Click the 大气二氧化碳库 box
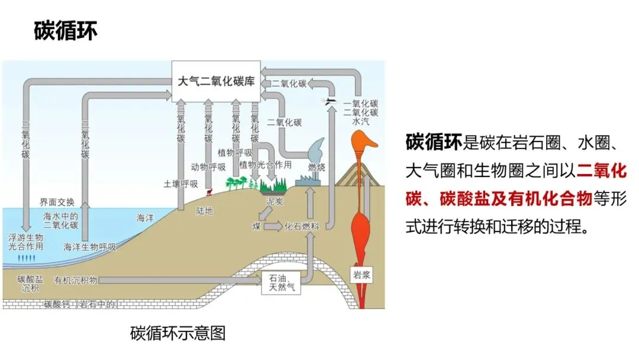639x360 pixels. pos(216,81)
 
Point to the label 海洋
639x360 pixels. pos(145,218)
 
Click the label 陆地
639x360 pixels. pos(204,211)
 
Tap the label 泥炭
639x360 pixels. pos(275,201)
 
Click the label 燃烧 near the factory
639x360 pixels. pos(317,168)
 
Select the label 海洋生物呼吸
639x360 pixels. pos(89,247)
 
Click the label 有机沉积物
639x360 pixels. pos(75,280)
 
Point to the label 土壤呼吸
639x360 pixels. pos(180,184)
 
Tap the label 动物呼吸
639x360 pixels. pos(208,167)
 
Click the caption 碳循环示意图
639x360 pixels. pos(177,333)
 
